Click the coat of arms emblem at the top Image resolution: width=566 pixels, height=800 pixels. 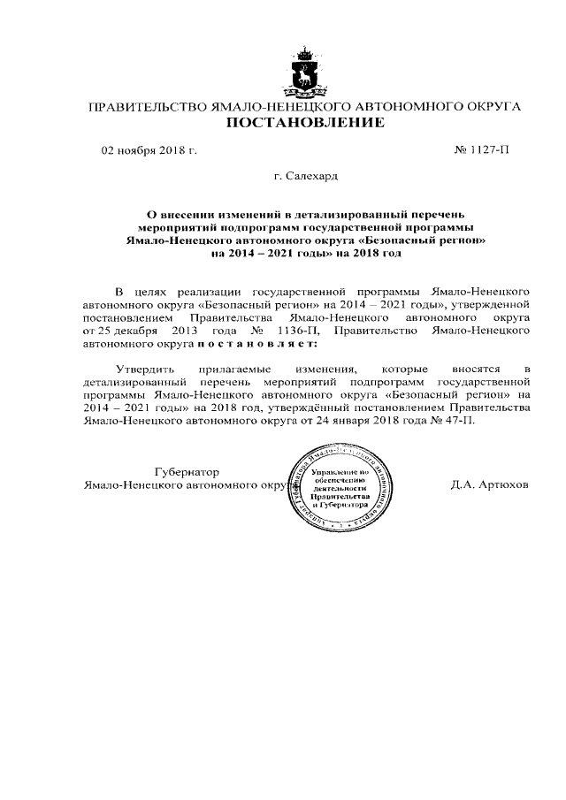(x=306, y=72)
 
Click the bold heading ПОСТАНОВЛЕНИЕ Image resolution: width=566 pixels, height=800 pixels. (x=306, y=123)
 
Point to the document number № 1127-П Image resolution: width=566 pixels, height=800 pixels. (x=481, y=150)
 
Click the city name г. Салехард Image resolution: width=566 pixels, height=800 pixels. (x=306, y=177)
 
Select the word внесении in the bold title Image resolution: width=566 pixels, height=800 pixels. (x=192, y=214)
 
